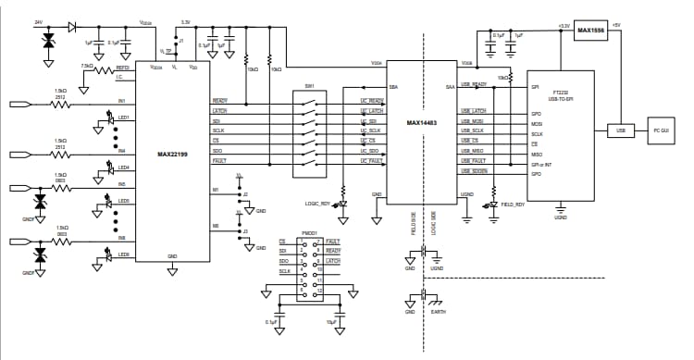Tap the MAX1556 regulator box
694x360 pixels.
point(590,31)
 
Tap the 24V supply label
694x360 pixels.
point(38,20)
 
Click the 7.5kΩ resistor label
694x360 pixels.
point(89,67)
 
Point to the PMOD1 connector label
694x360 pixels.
point(309,232)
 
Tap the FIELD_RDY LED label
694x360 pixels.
point(513,204)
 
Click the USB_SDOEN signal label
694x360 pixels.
point(475,171)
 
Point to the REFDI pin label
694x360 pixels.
point(123,68)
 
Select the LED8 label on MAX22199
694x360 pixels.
point(123,254)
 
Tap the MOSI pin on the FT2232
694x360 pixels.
point(537,123)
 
